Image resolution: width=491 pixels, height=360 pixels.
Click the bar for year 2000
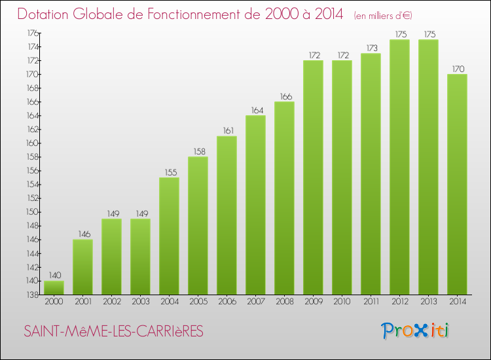tap(54, 287)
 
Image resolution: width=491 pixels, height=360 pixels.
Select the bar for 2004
tap(169, 236)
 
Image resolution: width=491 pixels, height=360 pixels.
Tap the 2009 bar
tap(313, 177)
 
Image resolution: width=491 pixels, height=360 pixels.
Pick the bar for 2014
tap(457, 184)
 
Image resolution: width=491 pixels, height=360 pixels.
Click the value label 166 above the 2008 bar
tap(284, 97)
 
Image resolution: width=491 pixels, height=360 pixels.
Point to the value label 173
tap(371, 48)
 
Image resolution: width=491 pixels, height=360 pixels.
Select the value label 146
tap(82, 234)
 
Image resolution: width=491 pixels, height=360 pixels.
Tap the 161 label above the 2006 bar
tap(227, 131)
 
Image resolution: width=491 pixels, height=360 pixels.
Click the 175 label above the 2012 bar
tap(399, 35)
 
